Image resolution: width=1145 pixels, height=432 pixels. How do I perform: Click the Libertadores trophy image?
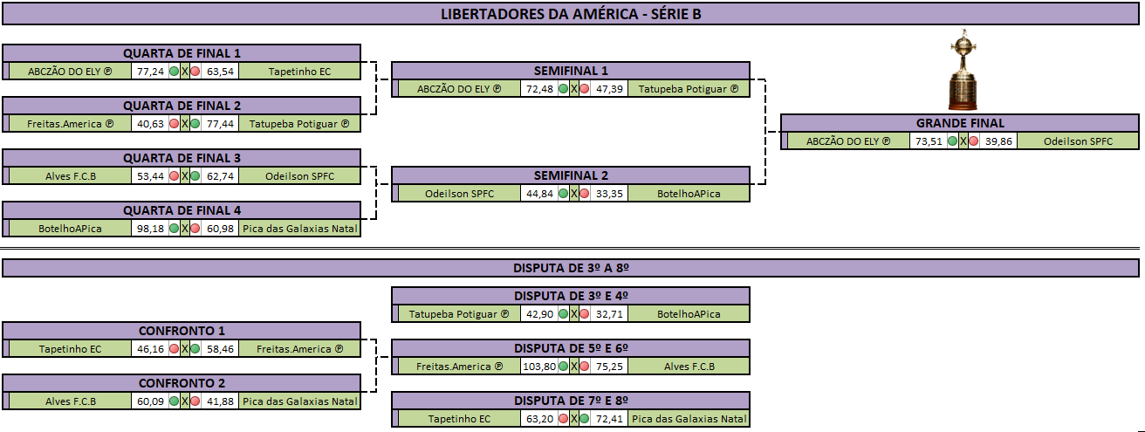[963, 70]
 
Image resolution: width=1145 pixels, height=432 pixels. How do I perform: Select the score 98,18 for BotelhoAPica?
[150, 229]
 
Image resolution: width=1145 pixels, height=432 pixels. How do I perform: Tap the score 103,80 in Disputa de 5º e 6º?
[539, 367]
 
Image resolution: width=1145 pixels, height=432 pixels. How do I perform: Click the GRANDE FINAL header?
[960, 123]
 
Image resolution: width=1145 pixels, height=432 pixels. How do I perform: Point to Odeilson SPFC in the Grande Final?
[1078, 141]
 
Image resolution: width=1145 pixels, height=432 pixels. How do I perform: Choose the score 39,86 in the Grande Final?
[998, 141]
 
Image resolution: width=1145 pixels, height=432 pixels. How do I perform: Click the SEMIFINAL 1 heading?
[571, 71]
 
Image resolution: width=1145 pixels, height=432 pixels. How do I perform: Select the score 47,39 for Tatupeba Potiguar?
[609, 89]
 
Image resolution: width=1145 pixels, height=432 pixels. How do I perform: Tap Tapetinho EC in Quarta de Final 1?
[299, 72]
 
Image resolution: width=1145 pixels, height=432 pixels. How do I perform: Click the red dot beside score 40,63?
[174, 124]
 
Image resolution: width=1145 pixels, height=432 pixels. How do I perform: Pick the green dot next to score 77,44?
[195, 124]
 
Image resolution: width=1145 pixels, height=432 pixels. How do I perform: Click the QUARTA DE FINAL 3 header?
[182, 158]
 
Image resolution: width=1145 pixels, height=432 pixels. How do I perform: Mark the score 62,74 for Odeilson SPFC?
[220, 176]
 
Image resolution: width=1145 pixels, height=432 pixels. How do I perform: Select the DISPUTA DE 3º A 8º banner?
[571, 268]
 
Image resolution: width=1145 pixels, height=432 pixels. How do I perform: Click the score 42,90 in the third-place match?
[539, 314]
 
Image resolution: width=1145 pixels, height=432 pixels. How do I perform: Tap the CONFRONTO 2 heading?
[182, 383]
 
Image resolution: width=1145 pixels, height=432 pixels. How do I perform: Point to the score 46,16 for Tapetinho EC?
[150, 349]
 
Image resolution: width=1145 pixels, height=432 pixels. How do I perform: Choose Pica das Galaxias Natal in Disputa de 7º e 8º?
[689, 419]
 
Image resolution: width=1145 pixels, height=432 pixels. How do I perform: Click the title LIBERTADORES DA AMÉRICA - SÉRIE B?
[571, 14]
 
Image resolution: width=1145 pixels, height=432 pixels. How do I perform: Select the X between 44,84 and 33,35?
[574, 194]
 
